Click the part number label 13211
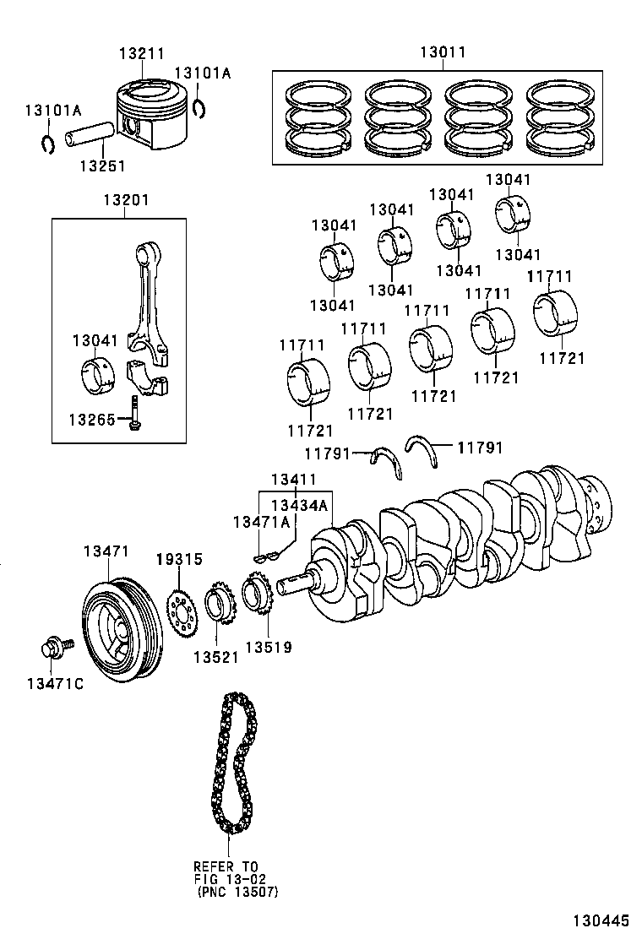click(141, 53)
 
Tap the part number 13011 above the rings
click(443, 52)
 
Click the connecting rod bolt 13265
click(134, 415)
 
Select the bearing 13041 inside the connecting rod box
click(100, 376)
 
